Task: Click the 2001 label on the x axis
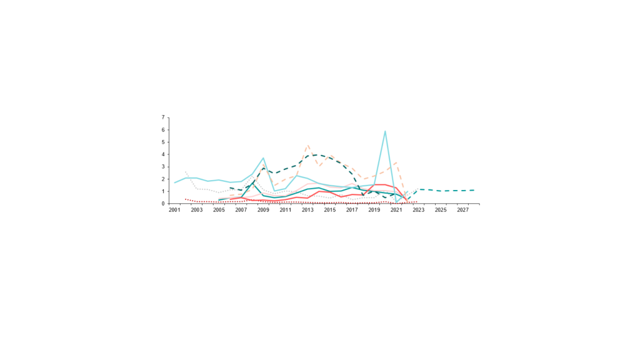click(x=174, y=210)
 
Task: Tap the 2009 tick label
click(x=263, y=210)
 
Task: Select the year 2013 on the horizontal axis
click(x=307, y=210)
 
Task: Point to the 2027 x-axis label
click(x=462, y=210)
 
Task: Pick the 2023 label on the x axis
click(x=418, y=210)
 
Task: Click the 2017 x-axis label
click(x=352, y=210)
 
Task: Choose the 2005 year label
click(x=219, y=210)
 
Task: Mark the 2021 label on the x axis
click(x=396, y=210)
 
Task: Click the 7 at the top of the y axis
click(x=163, y=117)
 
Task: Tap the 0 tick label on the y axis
click(x=163, y=204)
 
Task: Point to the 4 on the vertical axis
click(x=163, y=154)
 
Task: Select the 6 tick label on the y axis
click(x=163, y=130)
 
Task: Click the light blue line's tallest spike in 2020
click(x=385, y=131)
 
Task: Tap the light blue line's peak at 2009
click(x=263, y=158)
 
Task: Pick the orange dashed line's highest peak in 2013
click(x=307, y=145)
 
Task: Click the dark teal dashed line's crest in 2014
click(x=318, y=154)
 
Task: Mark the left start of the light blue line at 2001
click(x=175, y=182)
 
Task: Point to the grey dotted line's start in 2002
click(x=186, y=171)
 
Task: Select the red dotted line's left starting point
click(x=186, y=199)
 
